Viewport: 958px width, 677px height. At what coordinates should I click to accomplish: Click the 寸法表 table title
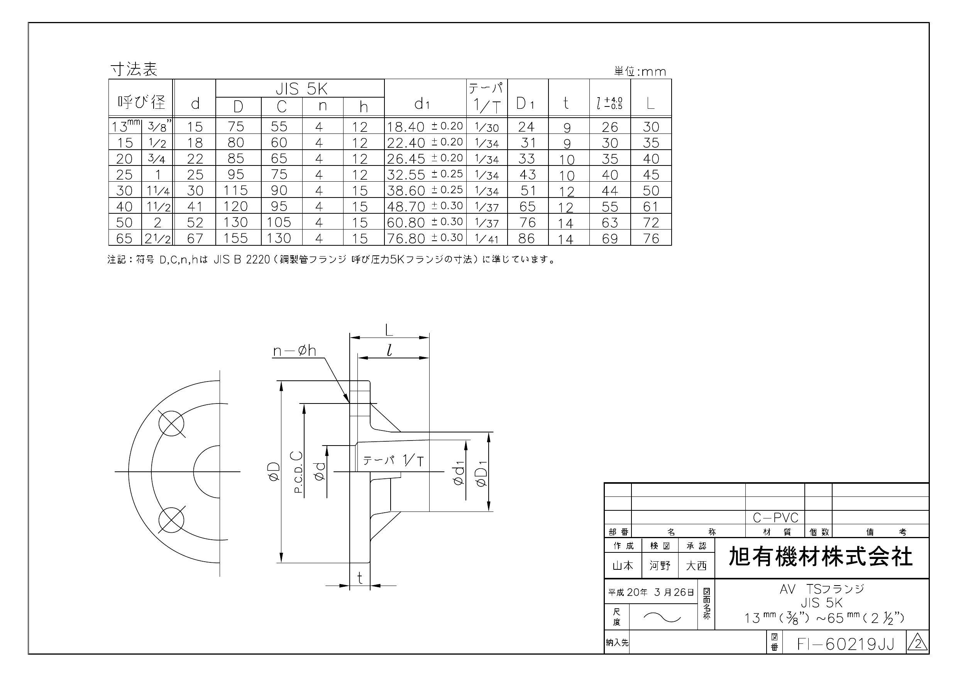pos(134,70)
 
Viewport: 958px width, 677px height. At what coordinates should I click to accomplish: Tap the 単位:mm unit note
pos(640,72)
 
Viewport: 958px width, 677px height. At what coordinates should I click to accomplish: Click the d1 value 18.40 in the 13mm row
pos(405,127)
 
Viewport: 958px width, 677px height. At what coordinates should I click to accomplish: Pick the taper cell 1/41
pos(486,239)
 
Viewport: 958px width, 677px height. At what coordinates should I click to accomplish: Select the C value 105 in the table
pos(279,222)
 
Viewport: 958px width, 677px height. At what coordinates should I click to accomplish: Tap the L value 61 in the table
pos(650,206)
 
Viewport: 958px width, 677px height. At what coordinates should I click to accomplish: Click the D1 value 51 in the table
pos(527,191)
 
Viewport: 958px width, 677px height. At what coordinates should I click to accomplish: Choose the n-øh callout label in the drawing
pos(294,351)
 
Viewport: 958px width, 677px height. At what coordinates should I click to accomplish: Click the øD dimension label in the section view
pos(274,472)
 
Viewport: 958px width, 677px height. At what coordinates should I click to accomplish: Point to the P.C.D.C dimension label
pos(298,472)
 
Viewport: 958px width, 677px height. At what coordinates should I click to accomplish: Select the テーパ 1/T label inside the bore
pos(393,461)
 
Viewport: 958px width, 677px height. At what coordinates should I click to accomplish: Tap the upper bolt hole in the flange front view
pos(171,424)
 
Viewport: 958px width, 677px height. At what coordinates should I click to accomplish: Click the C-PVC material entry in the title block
pos(775,518)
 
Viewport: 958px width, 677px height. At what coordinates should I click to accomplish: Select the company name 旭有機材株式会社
pos(820,557)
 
